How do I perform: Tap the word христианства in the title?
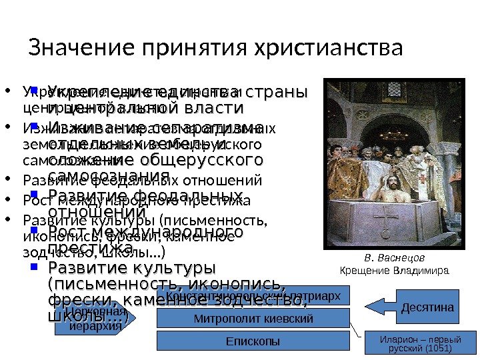[327, 49]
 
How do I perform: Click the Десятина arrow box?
[427, 307]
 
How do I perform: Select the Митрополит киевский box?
[253, 319]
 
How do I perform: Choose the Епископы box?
[253, 341]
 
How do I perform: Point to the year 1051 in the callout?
[439, 348]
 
